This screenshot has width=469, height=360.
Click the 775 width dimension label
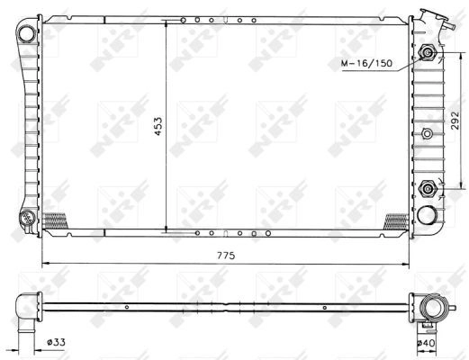pyautogui.click(x=226, y=256)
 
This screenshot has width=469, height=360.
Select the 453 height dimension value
pyautogui.click(x=158, y=126)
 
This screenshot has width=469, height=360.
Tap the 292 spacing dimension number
pyautogui.click(x=455, y=121)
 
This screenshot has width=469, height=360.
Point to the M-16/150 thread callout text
pyautogui.click(x=366, y=63)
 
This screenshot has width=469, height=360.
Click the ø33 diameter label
pyautogui.click(x=56, y=342)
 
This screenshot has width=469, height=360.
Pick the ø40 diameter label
pyautogui.click(x=426, y=343)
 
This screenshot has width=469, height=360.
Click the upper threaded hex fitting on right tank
pyautogui.click(x=428, y=53)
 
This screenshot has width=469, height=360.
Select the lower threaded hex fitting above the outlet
pyautogui.click(x=427, y=188)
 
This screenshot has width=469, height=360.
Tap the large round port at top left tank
pyautogui.click(x=27, y=33)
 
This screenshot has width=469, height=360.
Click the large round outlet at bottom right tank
pyautogui.click(x=427, y=215)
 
